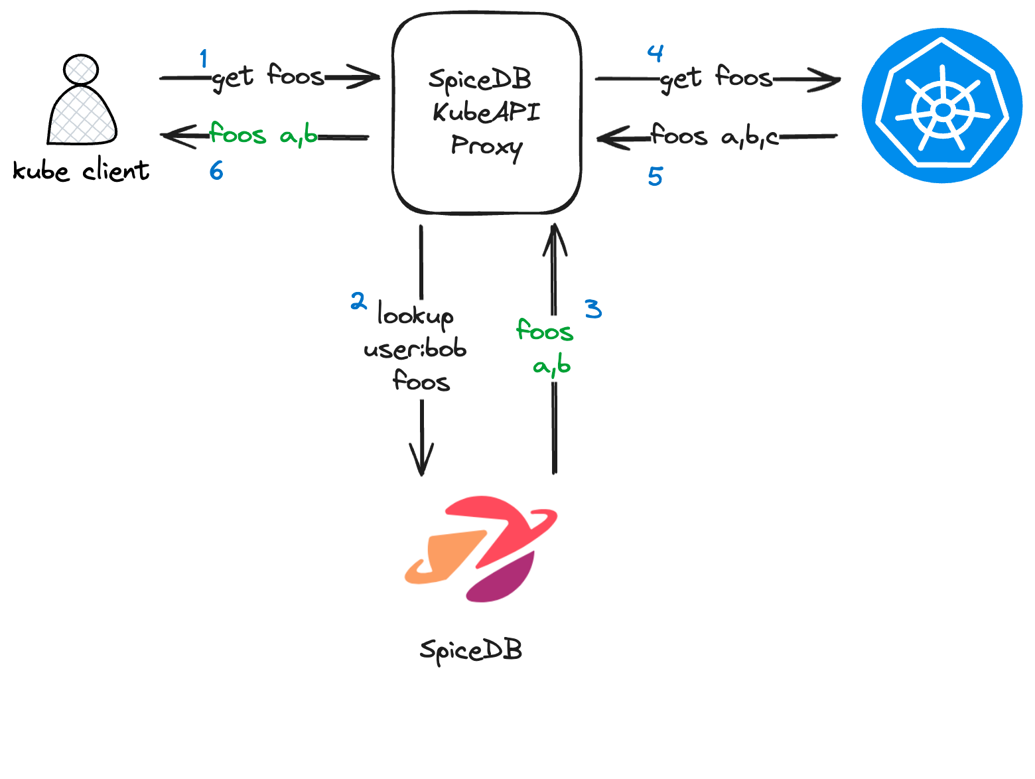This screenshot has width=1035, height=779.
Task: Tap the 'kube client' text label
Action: click(81, 171)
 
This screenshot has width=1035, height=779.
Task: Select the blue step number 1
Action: click(204, 59)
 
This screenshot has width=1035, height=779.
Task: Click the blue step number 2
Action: click(358, 302)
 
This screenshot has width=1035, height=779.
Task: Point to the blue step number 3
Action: click(593, 309)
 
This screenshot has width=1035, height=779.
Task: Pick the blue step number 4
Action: click(655, 53)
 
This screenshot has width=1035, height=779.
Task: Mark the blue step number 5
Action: click(655, 177)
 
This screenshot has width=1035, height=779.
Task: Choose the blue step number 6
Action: click(216, 171)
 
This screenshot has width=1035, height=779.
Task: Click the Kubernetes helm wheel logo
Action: click(941, 106)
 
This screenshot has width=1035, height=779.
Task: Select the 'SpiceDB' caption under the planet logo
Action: click(471, 650)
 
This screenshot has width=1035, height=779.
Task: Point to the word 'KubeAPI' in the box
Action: click(486, 112)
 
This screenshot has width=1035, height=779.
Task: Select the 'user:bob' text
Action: click(415, 349)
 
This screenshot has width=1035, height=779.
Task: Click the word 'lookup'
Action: click(416, 315)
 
